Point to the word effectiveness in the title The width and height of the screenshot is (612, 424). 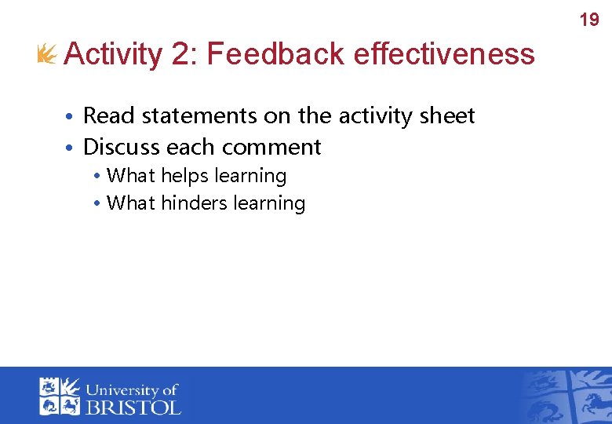point(444,54)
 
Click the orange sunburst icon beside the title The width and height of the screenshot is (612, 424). point(48,54)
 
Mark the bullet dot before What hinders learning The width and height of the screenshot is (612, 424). point(95,204)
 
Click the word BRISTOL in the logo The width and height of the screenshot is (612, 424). point(133,407)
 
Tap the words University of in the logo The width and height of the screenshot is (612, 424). point(133,389)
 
